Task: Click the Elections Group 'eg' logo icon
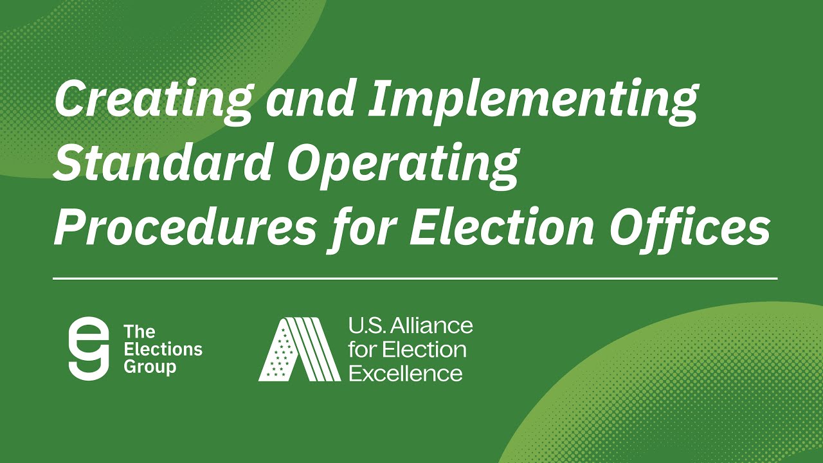(88, 348)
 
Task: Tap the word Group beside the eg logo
(149, 368)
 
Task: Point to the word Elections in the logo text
(163, 350)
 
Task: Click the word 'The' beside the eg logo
(139, 332)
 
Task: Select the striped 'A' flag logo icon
(299, 349)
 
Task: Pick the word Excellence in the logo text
(405, 373)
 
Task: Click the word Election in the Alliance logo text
(424, 350)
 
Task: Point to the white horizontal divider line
(415, 279)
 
